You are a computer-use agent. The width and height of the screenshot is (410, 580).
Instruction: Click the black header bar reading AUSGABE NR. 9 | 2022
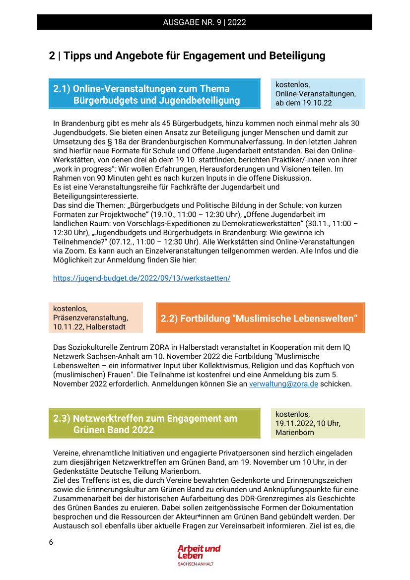pos(205,22)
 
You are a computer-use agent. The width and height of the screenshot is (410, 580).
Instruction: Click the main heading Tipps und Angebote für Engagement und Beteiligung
pos(187,56)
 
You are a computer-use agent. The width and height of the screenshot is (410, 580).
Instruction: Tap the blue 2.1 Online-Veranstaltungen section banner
pos(154,94)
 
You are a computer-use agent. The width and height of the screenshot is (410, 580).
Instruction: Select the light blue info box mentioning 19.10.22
pos(318,94)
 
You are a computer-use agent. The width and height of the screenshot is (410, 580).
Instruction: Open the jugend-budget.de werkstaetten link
pos(141,278)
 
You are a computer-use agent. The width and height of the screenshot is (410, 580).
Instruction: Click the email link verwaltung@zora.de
pos(283,384)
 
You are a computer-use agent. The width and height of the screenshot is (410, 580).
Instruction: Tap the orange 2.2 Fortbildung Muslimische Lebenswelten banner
pos(260,318)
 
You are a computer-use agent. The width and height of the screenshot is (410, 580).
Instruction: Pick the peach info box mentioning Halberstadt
pos(95,318)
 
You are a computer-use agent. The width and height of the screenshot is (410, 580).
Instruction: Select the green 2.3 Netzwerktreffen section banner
pos(154,424)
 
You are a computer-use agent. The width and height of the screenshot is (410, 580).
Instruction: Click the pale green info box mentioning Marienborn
pos(318,423)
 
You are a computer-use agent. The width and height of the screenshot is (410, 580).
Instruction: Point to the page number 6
pos(51,542)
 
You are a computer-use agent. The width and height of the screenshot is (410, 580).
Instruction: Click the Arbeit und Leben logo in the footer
pos(199,552)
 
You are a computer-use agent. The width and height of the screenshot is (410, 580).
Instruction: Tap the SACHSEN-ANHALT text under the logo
pos(199,565)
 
